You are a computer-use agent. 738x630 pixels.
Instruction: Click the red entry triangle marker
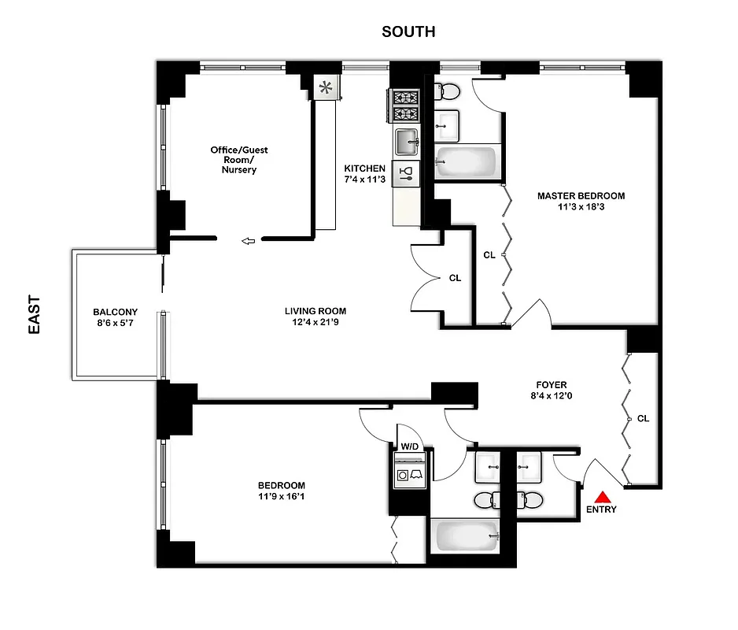(603, 497)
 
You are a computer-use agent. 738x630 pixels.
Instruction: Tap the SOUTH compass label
(408, 31)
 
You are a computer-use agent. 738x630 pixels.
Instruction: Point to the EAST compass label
(35, 315)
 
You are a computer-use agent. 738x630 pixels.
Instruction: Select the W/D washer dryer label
(410, 447)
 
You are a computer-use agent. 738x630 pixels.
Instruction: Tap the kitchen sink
(407, 143)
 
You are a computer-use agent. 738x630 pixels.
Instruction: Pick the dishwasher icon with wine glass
(407, 175)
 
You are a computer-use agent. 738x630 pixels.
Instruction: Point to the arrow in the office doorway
(249, 241)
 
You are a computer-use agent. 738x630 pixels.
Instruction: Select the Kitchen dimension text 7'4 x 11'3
(365, 179)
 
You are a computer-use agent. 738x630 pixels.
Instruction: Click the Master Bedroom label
(581, 195)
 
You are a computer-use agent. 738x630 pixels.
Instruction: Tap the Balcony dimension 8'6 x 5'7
(114, 323)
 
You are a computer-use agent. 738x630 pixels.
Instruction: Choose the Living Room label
(315, 310)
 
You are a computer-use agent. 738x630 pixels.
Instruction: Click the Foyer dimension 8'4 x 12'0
(548, 397)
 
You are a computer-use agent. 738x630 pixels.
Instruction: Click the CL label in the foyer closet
(643, 418)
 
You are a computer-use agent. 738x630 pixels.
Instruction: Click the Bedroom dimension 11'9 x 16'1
(281, 496)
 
